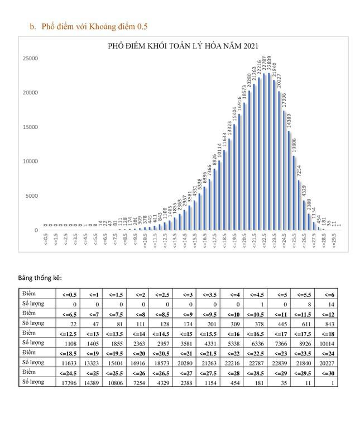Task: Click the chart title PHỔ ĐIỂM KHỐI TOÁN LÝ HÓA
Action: (184, 46)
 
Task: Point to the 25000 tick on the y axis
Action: (31, 58)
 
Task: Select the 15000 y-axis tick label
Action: (31, 127)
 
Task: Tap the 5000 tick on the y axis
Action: (32, 196)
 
